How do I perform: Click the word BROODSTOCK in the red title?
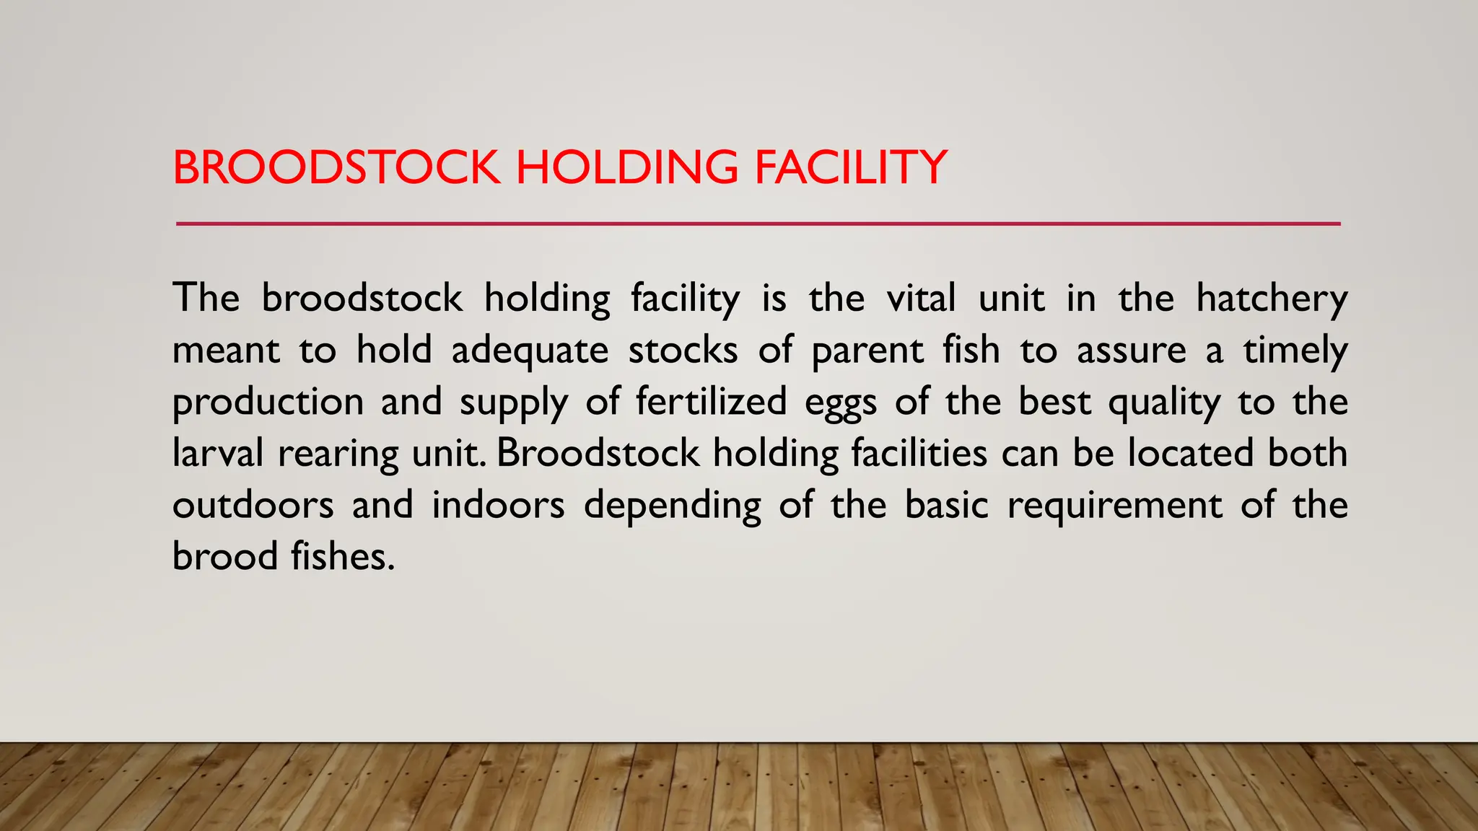pos(336,167)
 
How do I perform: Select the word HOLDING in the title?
pos(626,167)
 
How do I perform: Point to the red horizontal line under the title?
pos(758,224)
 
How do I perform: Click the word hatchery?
pos(1272,299)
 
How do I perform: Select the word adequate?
pos(530,351)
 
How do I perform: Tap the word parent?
pos(867,351)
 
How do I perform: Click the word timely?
pos(1295,351)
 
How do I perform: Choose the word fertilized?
pos(711,402)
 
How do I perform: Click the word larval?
pos(218,454)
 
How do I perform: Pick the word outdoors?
pos(253,505)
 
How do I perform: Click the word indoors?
pos(498,505)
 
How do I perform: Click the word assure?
pos(1131,351)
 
